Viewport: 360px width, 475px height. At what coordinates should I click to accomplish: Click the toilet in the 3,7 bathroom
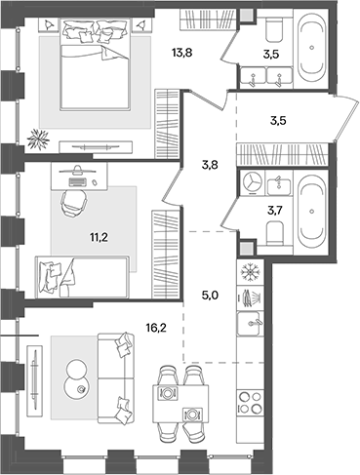pyautogui.click(x=275, y=231)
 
